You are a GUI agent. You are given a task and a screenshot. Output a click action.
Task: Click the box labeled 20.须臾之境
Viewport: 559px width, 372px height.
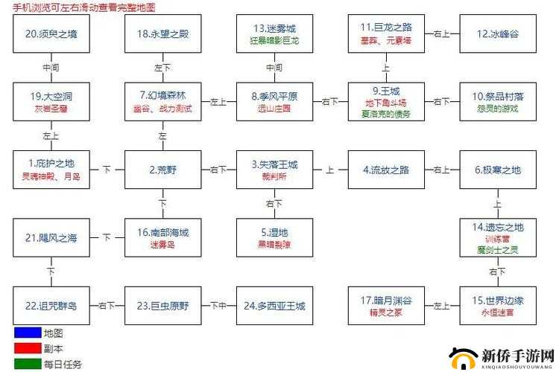pos(51,33)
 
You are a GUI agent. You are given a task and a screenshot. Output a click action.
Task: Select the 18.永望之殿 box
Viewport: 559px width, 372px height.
pos(162,33)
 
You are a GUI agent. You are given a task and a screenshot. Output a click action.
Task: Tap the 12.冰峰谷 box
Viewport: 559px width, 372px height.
pos(497,33)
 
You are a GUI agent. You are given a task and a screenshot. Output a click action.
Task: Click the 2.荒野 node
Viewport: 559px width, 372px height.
pos(162,170)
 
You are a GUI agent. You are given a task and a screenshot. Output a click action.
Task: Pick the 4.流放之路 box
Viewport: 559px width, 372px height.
pos(386,170)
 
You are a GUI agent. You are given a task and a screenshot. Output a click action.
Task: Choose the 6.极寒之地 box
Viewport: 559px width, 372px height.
pos(497,170)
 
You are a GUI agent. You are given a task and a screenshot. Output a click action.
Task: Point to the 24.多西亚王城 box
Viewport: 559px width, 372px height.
pos(274,306)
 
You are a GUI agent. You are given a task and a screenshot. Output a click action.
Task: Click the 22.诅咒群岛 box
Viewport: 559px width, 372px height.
pos(51,306)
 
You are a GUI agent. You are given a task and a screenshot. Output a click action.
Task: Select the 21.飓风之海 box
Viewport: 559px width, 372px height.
pos(51,238)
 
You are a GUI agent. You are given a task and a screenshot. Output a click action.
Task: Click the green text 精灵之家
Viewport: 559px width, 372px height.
pos(386,312)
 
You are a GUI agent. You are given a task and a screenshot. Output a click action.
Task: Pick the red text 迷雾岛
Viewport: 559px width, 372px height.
pos(162,245)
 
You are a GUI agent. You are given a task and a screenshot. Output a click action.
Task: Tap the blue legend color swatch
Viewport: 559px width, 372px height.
pos(26,333)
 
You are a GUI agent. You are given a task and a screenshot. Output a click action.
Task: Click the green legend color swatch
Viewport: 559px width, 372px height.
pos(26,364)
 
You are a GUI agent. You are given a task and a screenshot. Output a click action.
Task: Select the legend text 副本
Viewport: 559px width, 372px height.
pos(54,348)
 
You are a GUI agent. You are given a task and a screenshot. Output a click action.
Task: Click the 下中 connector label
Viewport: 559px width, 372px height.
pos(218,306)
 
